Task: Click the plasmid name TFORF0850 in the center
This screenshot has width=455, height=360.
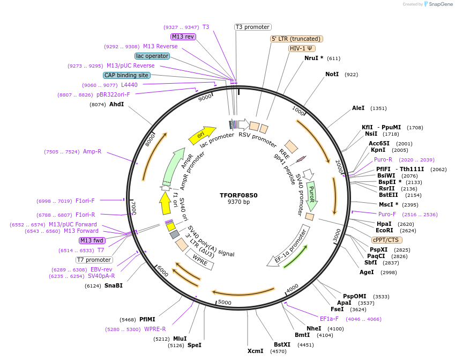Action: coord(238,195)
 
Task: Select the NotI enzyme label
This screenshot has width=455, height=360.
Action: coord(332,74)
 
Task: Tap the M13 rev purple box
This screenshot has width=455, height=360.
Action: coord(183,36)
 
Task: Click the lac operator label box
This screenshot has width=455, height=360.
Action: coord(152,56)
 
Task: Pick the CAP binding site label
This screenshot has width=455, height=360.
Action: coord(126,76)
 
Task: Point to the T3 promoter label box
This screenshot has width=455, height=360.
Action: coord(253,27)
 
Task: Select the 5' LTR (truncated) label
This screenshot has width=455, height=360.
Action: coord(296,39)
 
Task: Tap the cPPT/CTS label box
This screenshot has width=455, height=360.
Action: coord(385,240)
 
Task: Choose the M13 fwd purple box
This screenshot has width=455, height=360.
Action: coord(92,240)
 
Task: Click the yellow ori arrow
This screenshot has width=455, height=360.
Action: coord(202,135)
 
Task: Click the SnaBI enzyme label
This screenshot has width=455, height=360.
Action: coord(113,285)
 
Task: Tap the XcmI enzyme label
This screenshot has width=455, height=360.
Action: coord(255,351)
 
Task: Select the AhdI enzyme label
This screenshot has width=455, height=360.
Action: coord(116,104)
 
